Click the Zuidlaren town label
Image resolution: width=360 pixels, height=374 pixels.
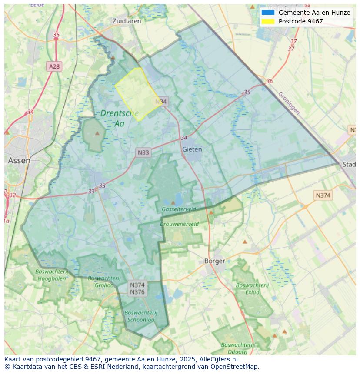click(127, 21)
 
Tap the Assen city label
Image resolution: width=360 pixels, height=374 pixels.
click(19, 160)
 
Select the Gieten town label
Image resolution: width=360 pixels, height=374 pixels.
click(192, 149)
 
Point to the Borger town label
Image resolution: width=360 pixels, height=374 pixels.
click(215, 261)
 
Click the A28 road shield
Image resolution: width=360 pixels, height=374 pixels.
click(54, 66)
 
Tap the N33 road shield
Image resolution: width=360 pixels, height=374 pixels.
click(143, 152)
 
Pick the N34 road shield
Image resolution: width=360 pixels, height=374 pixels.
click(161, 102)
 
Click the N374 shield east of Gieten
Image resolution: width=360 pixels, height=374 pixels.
click(323, 195)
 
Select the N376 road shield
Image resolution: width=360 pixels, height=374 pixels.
click(137, 292)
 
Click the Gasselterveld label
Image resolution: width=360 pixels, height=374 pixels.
click(179, 209)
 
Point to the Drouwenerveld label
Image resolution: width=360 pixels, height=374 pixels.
click(179, 224)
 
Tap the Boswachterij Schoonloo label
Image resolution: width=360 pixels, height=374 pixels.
click(140, 316)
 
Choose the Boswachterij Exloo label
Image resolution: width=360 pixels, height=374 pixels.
click(252, 288)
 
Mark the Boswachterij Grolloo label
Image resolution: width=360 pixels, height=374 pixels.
click(100, 281)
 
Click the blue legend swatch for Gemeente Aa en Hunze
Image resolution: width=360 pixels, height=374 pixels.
click(268, 13)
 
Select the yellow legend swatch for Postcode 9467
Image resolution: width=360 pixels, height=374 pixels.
click(268, 21)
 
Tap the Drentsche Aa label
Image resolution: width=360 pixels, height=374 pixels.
click(119, 118)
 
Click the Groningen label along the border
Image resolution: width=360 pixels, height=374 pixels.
click(289, 103)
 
